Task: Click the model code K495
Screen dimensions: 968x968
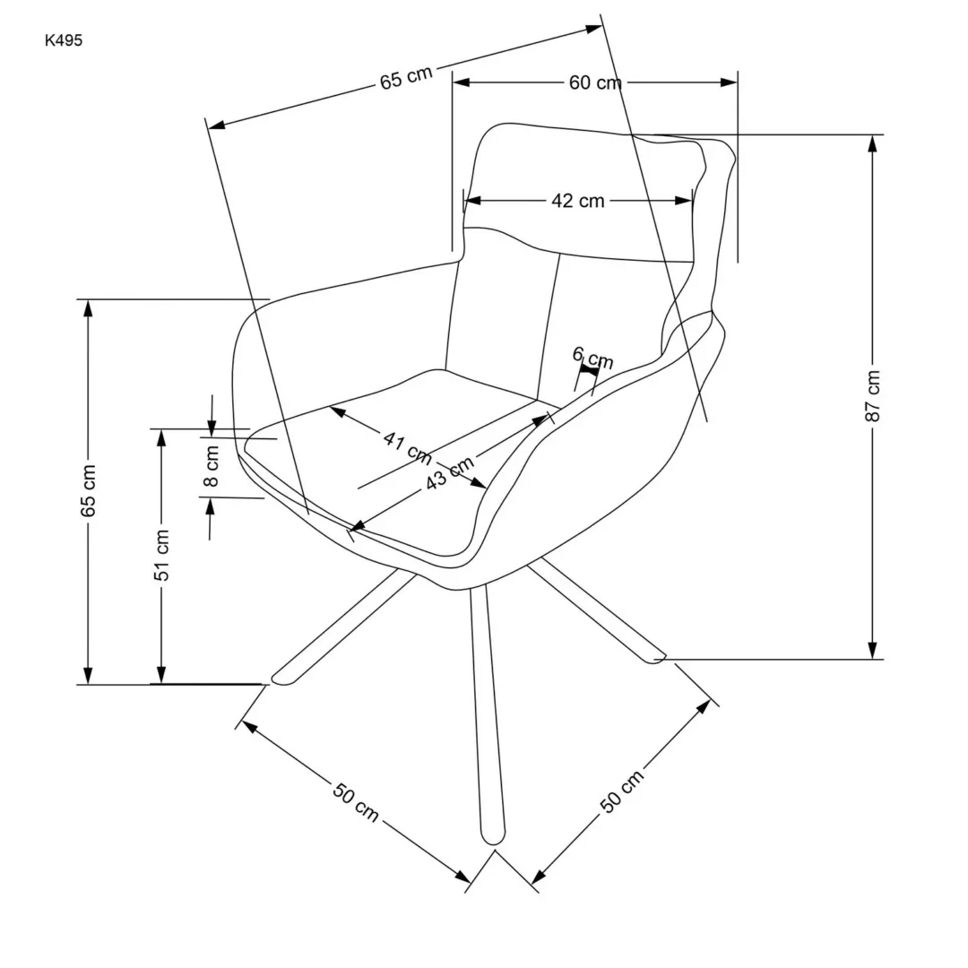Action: [x=63, y=39]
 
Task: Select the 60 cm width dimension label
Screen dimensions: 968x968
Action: [x=594, y=82]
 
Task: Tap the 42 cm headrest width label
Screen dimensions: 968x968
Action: [x=577, y=201]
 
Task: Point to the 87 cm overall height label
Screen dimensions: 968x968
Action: [x=874, y=395]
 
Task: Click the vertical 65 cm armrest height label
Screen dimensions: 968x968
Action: [x=88, y=491]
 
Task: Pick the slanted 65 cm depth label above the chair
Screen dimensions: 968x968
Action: [x=406, y=77]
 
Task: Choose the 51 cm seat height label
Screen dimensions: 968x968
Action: [x=162, y=556]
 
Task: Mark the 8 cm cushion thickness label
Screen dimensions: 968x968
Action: [x=212, y=465]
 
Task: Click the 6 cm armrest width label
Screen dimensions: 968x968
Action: [x=592, y=358]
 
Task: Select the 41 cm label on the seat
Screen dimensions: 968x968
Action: [x=407, y=446]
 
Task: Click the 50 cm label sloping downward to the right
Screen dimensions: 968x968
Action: [x=356, y=803]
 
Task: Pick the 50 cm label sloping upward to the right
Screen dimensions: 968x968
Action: [x=622, y=791]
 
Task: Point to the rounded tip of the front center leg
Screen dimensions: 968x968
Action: [x=493, y=838]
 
